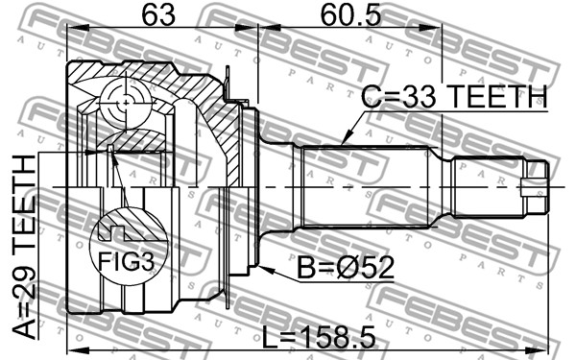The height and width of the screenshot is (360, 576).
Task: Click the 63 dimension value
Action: click(x=158, y=15)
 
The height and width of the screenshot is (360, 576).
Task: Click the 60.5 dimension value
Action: click(x=350, y=15)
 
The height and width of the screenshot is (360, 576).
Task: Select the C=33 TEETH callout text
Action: click(x=454, y=96)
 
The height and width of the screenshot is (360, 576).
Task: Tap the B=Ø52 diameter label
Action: click(x=346, y=268)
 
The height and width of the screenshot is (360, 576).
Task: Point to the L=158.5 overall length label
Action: click(x=319, y=337)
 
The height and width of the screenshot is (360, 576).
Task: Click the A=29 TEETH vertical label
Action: click(x=24, y=247)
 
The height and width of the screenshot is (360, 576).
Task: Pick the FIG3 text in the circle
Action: click(x=126, y=261)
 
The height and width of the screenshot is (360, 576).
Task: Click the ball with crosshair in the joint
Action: click(x=125, y=104)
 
